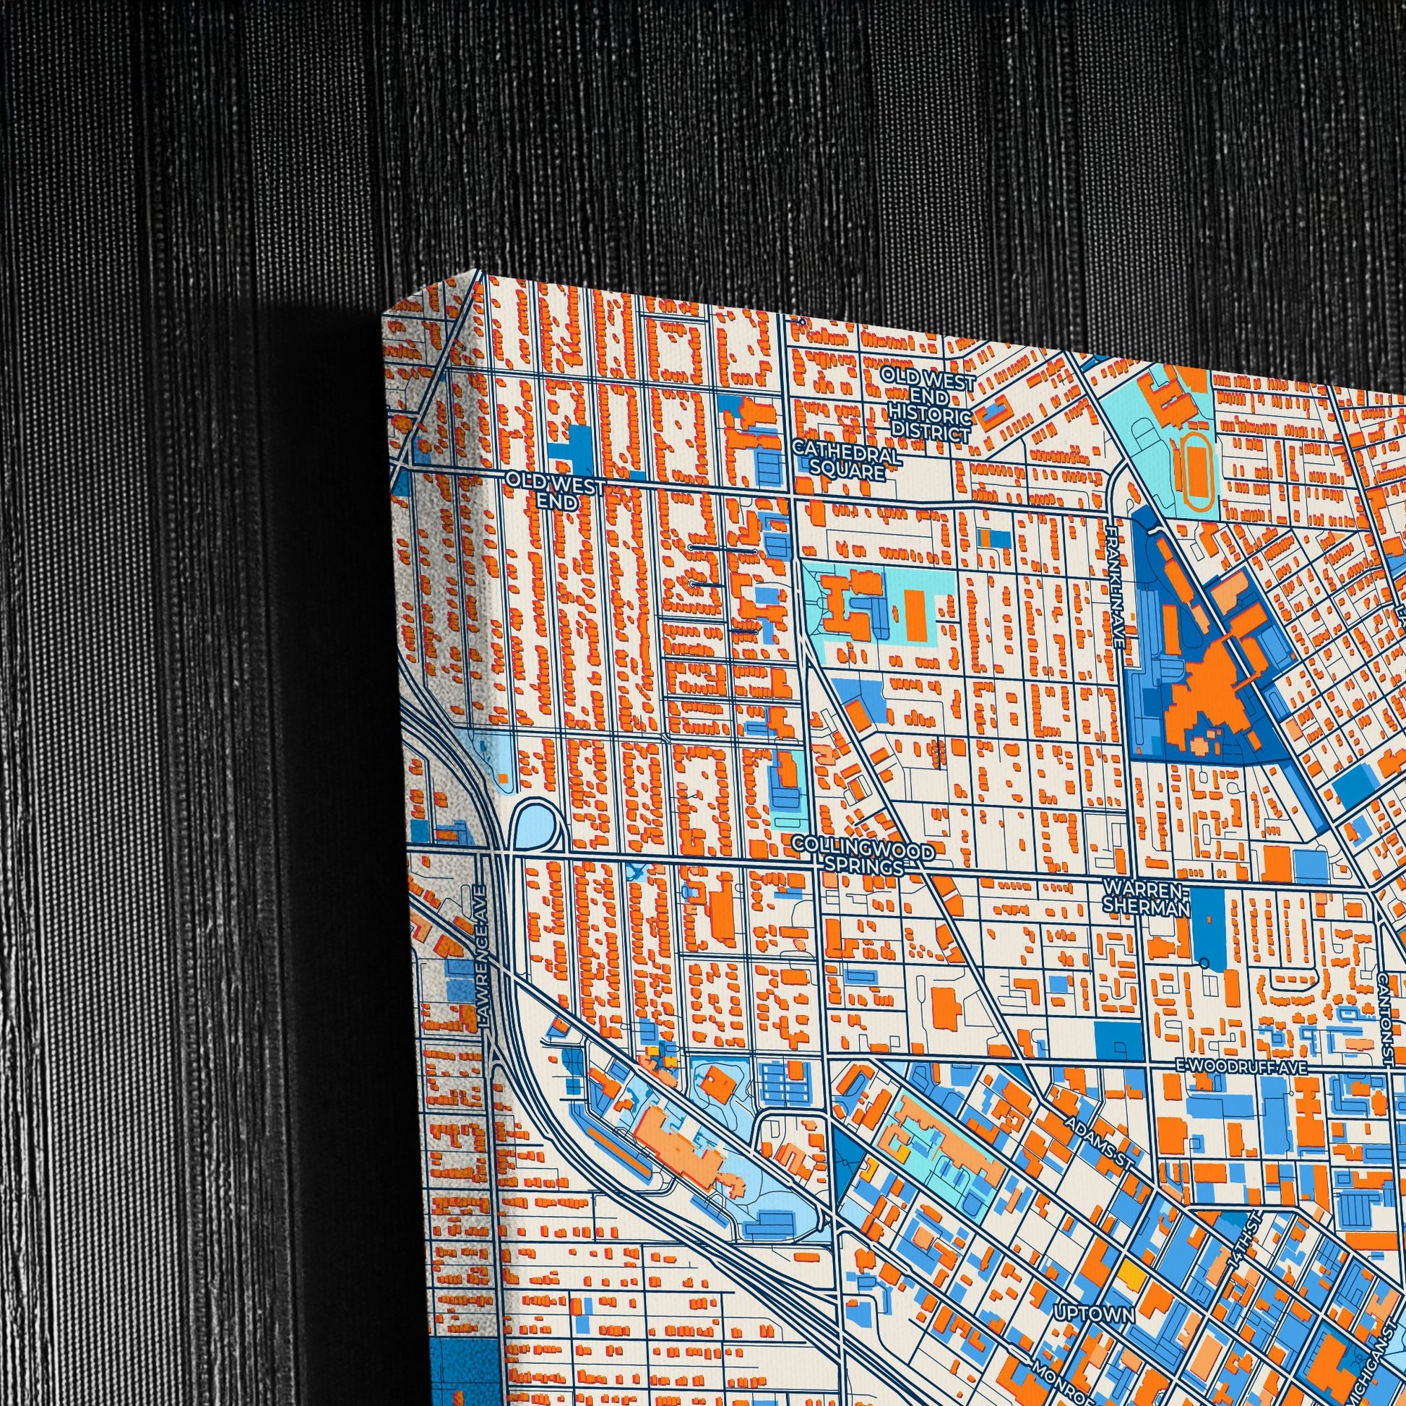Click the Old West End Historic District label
pos(928,405)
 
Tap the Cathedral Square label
pos(847,463)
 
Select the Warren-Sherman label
pos(1145,897)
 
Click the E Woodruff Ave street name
pos(1241,1067)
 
